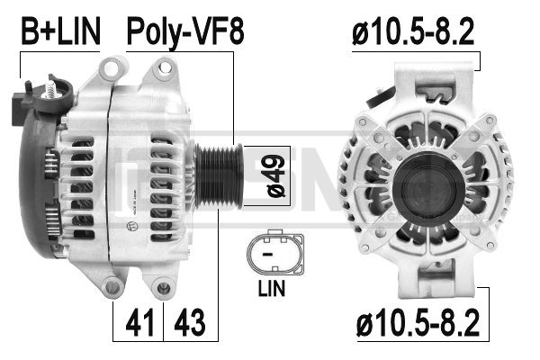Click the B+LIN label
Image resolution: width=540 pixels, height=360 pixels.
(x=61, y=31)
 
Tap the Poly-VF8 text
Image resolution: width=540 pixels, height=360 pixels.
(x=185, y=32)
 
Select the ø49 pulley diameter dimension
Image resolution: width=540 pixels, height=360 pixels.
(x=276, y=176)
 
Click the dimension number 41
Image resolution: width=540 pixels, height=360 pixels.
(x=139, y=323)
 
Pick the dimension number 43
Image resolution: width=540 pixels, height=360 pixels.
(x=190, y=323)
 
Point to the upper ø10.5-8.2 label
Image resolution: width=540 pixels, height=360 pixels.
(x=413, y=31)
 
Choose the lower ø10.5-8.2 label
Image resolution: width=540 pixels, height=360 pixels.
(x=418, y=323)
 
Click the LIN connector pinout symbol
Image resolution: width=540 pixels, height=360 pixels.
(x=275, y=254)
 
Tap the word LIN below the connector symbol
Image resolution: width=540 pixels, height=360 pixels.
(x=272, y=288)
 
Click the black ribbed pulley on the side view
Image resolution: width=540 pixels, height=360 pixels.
(x=220, y=176)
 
